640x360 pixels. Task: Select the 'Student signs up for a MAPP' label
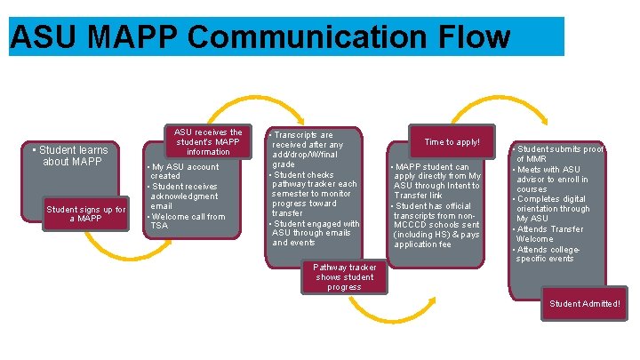(x=86, y=213)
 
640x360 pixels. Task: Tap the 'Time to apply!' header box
(x=452, y=142)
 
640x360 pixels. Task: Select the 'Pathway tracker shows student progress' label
(x=344, y=276)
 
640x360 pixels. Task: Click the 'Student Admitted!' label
(x=584, y=304)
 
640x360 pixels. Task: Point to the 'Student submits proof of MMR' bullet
(x=559, y=154)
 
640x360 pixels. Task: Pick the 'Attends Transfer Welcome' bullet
(x=559, y=234)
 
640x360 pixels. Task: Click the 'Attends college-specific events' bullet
(x=557, y=253)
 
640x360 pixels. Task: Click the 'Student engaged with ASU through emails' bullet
(x=316, y=233)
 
